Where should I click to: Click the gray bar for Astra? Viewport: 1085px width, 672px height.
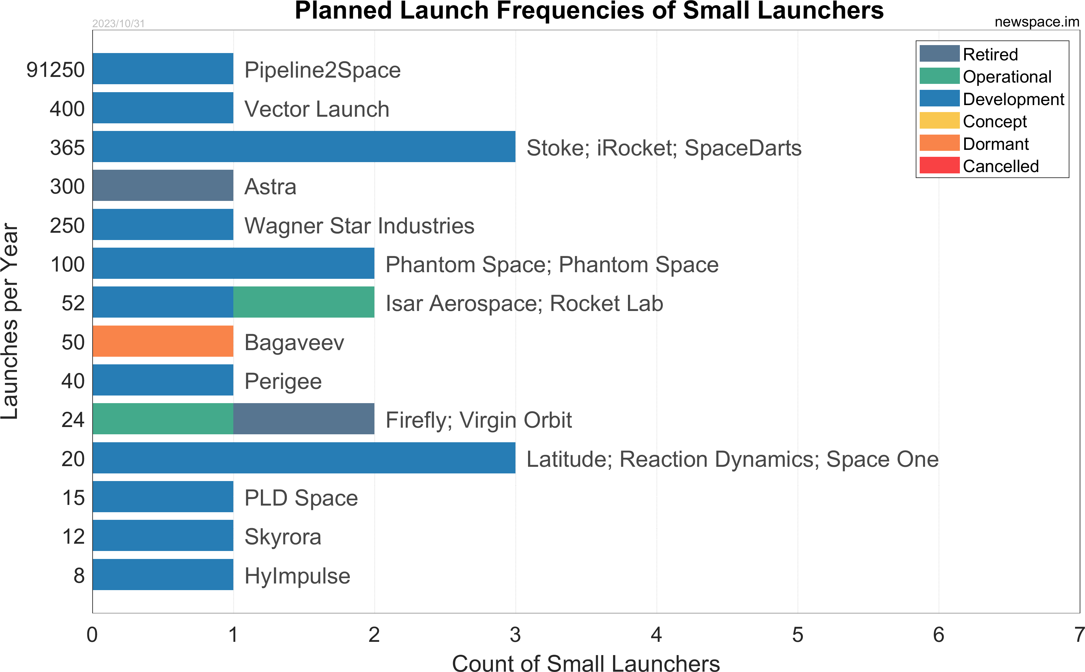(x=163, y=185)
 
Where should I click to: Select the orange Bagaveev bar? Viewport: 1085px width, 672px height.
(x=163, y=341)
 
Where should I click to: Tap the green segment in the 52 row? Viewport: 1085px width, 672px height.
(x=304, y=302)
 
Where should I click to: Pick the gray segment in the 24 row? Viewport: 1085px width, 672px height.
(x=304, y=419)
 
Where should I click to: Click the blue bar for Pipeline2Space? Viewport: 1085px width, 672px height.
(x=163, y=68)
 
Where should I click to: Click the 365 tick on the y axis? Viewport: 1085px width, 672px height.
(x=67, y=148)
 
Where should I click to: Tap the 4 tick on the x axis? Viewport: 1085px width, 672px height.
(x=656, y=635)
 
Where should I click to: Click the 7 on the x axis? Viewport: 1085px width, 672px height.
(x=1079, y=635)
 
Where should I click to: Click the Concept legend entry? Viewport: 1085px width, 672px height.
(x=994, y=121)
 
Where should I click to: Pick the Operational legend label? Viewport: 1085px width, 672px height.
(x=1007, y=77)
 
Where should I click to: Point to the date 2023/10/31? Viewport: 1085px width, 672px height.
(x=118, y=24)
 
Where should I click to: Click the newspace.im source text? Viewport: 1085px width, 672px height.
(x=1037, y=22)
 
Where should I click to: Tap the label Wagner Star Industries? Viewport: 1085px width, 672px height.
(x=359, y=226)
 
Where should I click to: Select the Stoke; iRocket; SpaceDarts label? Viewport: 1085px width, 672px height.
(x=664, y=148)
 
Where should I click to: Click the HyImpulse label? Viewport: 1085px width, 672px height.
(x=297, y=576)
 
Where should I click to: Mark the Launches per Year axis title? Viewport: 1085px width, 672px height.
(x=10, y=321)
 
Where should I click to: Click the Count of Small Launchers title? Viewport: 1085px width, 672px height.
(x=585, y=663)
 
